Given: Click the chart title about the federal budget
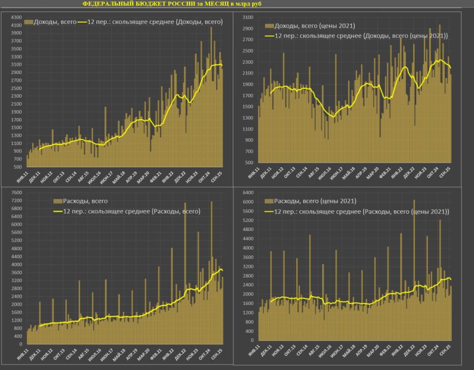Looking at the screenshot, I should (172, 3).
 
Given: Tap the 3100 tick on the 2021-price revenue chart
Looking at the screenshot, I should (248, 17).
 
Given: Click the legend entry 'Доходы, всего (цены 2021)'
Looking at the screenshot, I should (315, 26).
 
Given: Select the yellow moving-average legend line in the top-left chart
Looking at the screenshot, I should (81, 22).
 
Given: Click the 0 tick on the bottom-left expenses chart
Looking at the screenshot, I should (19, 344).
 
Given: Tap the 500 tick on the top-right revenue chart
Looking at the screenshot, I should (250, 162).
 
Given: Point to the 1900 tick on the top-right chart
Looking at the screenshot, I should (248, 84).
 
